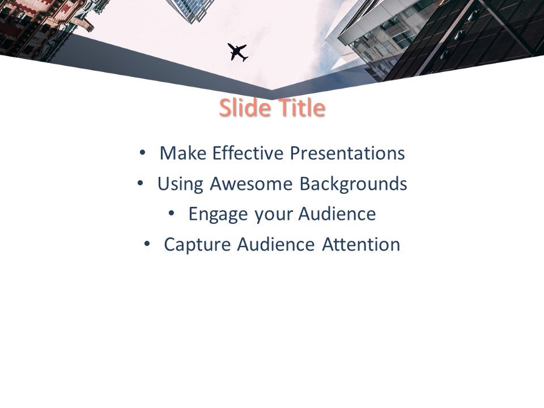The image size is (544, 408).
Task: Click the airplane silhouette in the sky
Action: (x=238, y=52)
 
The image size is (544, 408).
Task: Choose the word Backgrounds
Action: (x=353, y=184)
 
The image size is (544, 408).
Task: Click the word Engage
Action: (x=219, y=215)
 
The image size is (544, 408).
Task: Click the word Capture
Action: (x=198, y=245)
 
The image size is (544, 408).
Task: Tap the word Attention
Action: (x=361, y=245)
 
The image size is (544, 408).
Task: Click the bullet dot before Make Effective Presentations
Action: (x=142, y=152)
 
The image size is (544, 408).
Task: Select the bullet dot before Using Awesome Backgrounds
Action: (x=139, y=183)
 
